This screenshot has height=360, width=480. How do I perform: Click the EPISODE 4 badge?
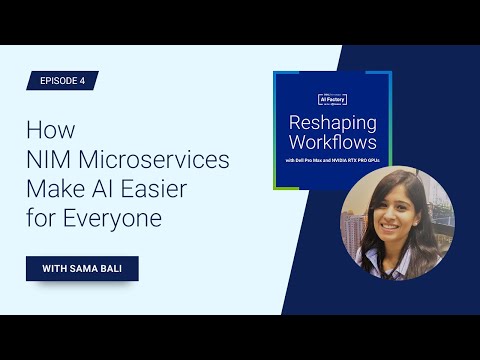point(62,81)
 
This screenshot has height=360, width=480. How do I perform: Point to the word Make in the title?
point(53,188)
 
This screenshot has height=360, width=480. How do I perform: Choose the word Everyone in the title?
point(111,218)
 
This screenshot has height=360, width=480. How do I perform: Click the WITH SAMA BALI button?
point(82,269)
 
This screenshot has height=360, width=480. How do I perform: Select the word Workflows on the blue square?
point(331,144)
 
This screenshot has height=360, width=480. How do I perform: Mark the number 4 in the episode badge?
point(84,81)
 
